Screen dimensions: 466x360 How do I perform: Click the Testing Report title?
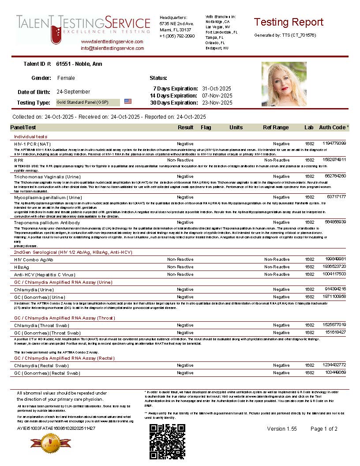tap(289, 22)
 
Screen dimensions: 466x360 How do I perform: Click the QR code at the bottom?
tap(167, 441)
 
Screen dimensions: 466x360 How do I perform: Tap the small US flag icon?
tap(128, 101)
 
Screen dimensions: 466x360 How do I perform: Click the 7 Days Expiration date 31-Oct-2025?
tap(217, 89)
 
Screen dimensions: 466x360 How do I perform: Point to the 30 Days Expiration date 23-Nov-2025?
tap(217, 103)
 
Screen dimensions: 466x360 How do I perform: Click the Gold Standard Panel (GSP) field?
tap(87, 102)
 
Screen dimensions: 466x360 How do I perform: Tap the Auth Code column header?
tap(334, 128)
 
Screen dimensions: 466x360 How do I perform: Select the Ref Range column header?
tap(276, 128)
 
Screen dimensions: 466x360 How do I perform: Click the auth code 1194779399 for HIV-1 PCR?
tap(334, 143)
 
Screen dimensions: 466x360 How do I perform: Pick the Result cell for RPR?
tap(185, 160)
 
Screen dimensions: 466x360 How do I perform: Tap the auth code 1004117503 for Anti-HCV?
tap(334, 274)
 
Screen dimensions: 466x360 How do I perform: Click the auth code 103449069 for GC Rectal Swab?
tap(336, 372)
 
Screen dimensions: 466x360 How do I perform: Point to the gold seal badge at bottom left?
tap(44, 442)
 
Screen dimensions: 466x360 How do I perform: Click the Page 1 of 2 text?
tap(324, 429)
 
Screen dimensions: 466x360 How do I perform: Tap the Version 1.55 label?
tap(282, 429)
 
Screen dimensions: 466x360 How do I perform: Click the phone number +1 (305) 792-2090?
tap(177, 36)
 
